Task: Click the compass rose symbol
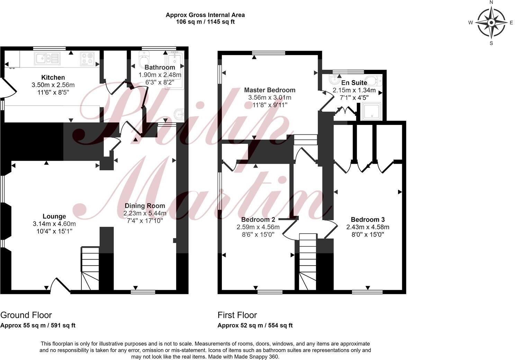click(491, 23)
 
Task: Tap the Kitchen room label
click(53, 77)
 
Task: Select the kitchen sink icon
click(47, 58)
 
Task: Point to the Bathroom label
click(160, 67)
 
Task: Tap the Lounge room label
click(54, 216)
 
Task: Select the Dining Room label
click(145, 206)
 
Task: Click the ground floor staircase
click(90, 268)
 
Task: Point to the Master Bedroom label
click(270, 90)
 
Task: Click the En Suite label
click(354, 83)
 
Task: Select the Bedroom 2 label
click(258, 219)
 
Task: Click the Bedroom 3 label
click(368, 219)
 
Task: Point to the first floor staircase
click(308, 261)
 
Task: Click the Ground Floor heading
click(26, 315)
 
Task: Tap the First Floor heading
click(237, 315)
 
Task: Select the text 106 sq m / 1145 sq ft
click(205, 21)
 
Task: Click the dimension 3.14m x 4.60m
click(54, 224)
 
